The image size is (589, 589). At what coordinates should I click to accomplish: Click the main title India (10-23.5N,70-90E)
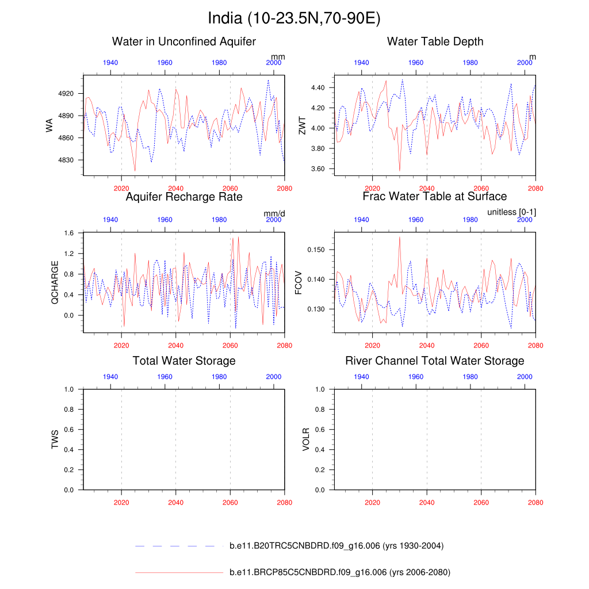pyautogui.click(x=294, y=18)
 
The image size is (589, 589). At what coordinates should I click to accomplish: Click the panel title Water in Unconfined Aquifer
pyautogui.click(x=184, y=41)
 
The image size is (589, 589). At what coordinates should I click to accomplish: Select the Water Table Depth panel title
pyautogui.click(x=435, y=41)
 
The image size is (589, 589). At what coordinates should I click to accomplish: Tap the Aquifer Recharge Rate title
pyautogui.click(x=184, y=197)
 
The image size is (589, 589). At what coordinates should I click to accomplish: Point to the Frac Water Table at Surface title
pyautogui.click(x=435, y=197)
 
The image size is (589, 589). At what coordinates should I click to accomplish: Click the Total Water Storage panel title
pyautogui.click(x=184, y=361)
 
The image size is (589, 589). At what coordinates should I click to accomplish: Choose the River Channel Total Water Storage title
pyautogui.click(x=435, y=361)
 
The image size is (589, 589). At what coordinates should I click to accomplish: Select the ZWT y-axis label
pyautogui.click(x=303, y=125)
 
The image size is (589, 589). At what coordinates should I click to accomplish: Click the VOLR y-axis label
pyautogui.click(x=306, y=439)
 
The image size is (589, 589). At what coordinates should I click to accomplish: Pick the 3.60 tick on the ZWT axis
pyautogui.click(x=318, y=169)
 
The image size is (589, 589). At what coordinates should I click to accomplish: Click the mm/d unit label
pyautogui.click(x=274, y=213)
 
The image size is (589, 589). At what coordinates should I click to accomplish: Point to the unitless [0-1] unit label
pyautogui.click(x=511, y=213)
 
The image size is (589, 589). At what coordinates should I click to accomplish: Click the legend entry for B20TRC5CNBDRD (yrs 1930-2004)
pyautogui.click(x=336, y=546)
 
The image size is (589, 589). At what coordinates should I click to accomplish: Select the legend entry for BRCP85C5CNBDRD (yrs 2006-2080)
pyautogui.click(x=339, y=572)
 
